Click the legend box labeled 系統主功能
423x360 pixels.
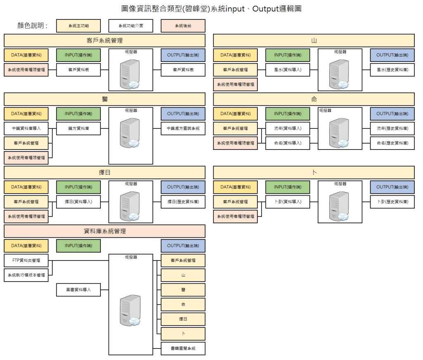(x=78, y=26)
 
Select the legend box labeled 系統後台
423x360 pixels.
(x=183, y=26)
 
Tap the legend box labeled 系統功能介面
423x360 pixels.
(x=131, y=26)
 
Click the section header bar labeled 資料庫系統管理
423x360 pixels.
(x=105, y=231)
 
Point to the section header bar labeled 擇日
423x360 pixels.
(x=105, y=173)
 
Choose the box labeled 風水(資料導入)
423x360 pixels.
(x=288, y=70)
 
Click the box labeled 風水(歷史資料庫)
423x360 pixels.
(x=392, y=70)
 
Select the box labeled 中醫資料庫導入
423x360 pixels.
(x=26, y=128)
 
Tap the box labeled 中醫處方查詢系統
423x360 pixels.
(x=183, y=128)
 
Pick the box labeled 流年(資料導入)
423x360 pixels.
(x=288, y=128)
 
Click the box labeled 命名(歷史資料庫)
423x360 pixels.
(x=392, y=143)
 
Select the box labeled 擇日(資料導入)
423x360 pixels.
(x=78, y=202)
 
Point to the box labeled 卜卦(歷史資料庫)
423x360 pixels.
(x=392, y=202)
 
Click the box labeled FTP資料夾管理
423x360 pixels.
(x=26, y=261)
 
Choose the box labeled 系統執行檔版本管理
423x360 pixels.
(x=26, y=275)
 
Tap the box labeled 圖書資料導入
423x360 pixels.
(x=78, y=290)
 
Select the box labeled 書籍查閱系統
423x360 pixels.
(x=183, y=348)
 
